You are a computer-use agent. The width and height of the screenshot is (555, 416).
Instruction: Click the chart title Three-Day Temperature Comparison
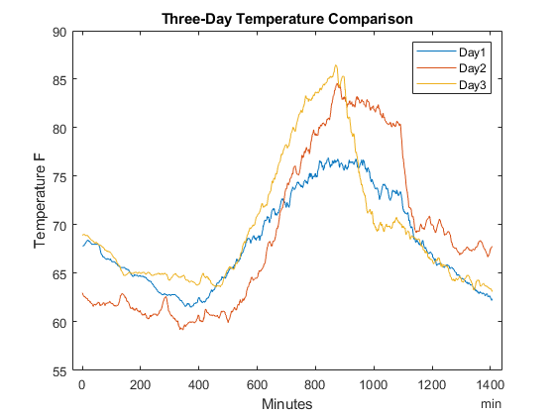[x=286, y=18]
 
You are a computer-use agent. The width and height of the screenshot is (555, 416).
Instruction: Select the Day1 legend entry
[x=474, y=51]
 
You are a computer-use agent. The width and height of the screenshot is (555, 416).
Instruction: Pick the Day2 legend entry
[x=474, y=67]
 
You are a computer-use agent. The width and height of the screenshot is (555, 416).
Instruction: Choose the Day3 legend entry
[x=474, y=84]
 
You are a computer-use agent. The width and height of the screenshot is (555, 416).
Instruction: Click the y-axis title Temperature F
[x=41, y=202]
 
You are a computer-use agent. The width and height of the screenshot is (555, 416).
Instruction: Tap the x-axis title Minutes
[x=286, y=404]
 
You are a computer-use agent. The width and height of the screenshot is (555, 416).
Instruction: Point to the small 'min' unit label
[x=491, y=404]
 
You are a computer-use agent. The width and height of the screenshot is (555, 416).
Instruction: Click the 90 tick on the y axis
[x=58, y=32]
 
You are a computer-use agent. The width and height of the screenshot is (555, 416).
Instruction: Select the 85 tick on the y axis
[x=58, y=80]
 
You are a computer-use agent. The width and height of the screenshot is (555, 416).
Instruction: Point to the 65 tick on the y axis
[x=58, y=273]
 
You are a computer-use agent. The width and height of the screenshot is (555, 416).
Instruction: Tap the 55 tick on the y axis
[x=58, y=370]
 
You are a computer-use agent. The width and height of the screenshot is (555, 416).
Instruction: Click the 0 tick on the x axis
[x=82, y=385]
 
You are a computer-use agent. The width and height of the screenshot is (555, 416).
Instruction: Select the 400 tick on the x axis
[x=199, y=385]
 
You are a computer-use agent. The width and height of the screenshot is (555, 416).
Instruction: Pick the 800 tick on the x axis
[x=316, y=385]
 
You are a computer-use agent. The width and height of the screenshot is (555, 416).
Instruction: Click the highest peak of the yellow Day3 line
[x=336, y=66]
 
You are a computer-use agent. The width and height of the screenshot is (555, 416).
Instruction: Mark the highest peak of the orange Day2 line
[x=339, y=83]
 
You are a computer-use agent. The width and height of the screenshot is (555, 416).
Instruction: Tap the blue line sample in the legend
[x=435, y=51]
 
